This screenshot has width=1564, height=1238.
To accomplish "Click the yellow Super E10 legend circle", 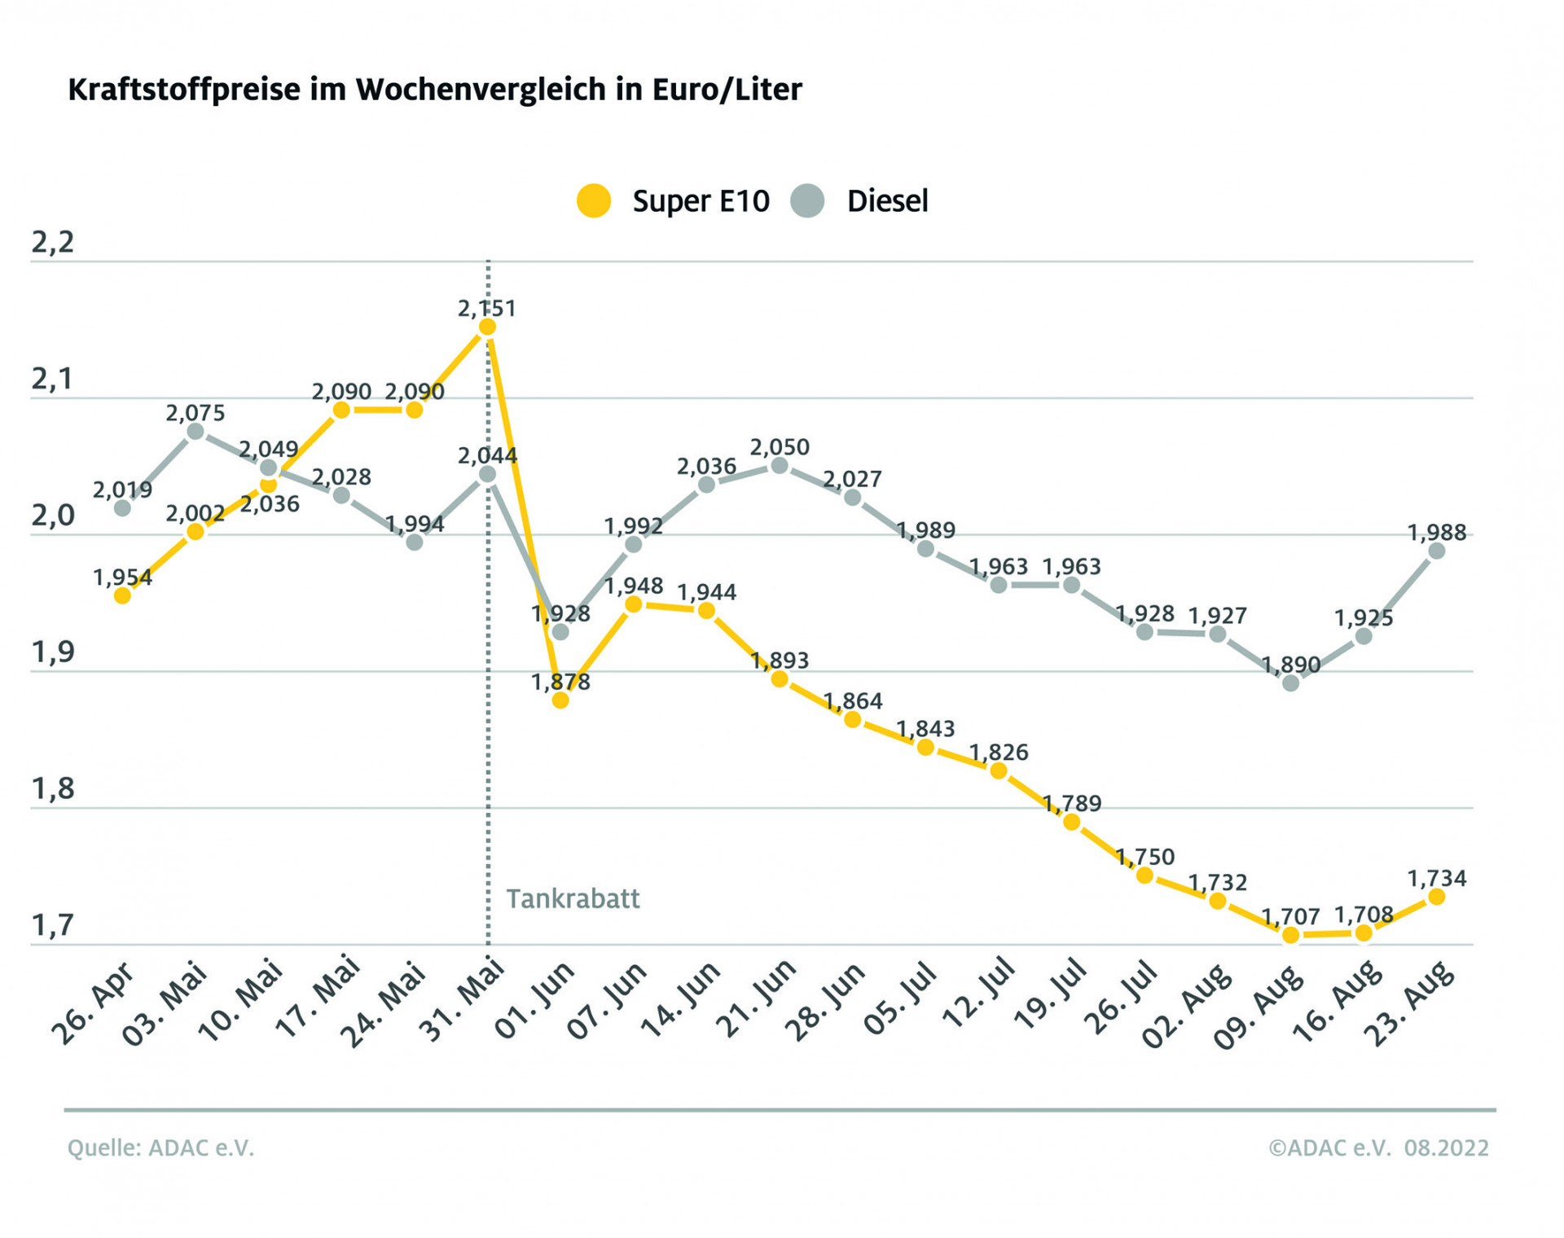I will click(594, 200).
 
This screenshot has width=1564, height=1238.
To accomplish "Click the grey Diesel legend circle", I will click(807, 200).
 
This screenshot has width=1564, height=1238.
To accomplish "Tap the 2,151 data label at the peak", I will click(486, 309).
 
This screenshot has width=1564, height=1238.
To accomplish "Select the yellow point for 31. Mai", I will click(487, 327).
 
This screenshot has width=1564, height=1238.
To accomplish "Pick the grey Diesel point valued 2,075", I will click(195, 432).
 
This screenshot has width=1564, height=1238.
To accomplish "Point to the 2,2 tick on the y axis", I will click(52, 243).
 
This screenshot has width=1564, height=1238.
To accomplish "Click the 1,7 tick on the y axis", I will click(52, 926).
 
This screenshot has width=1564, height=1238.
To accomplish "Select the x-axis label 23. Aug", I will click(1408, 1003).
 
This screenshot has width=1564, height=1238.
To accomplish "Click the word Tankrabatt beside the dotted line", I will click(573, 899).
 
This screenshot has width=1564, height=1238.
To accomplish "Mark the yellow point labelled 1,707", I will click(1290, 935).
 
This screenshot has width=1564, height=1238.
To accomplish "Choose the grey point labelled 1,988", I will click(1437, 551).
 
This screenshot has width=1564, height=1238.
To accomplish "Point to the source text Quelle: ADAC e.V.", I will click(160, 1148).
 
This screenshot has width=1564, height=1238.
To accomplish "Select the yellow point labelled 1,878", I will click(560, 700).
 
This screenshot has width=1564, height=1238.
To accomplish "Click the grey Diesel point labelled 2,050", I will click(780, 466).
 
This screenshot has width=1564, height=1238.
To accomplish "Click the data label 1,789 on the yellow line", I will click(1071, 804).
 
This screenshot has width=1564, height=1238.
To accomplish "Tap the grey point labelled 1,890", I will click(1290, 683).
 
